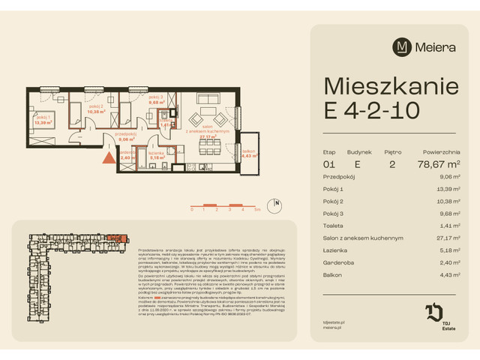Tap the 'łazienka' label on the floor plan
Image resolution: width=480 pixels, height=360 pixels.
click(x=156, y=153)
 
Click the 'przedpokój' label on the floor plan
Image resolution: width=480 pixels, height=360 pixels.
click(x=124, y=133)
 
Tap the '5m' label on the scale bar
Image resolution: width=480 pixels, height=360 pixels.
click(x=257, y=211)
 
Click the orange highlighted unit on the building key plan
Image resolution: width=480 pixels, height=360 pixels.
click(x=112, y=238)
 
